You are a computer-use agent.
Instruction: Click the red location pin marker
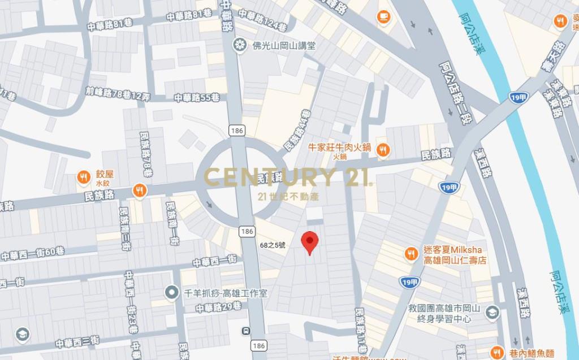tap(309, 242)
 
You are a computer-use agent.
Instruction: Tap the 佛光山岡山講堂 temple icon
tap(240, 44)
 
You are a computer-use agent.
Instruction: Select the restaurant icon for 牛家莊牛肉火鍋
tap(382, 149)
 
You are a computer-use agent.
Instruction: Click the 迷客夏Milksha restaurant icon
tap(411, 254)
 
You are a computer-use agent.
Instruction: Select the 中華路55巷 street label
tap(197, 97)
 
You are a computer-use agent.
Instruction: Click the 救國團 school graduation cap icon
tap(492, 312)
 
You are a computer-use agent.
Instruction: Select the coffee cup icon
tap(383, 16)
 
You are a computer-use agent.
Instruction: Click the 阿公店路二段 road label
tap(452, 93)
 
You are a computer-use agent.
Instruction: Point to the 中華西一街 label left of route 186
tap(215, 261)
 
